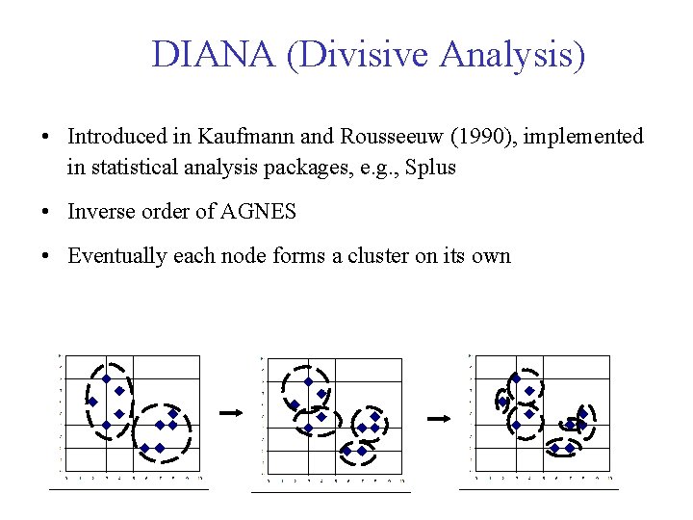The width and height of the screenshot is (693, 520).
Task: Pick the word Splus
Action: point(432,168)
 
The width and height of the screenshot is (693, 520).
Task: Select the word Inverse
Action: point(100,212)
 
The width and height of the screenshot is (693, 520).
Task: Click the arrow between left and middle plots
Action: point(230,413)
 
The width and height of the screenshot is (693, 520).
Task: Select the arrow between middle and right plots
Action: point(438,419)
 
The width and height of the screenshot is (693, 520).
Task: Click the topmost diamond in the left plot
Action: point(106,378)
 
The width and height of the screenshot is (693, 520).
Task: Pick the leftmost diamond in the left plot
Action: point(92,402)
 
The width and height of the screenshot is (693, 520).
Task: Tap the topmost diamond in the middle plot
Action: point(308,381)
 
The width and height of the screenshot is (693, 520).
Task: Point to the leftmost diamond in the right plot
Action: point(502,402)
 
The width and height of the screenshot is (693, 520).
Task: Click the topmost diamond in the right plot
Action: point(515,379)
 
